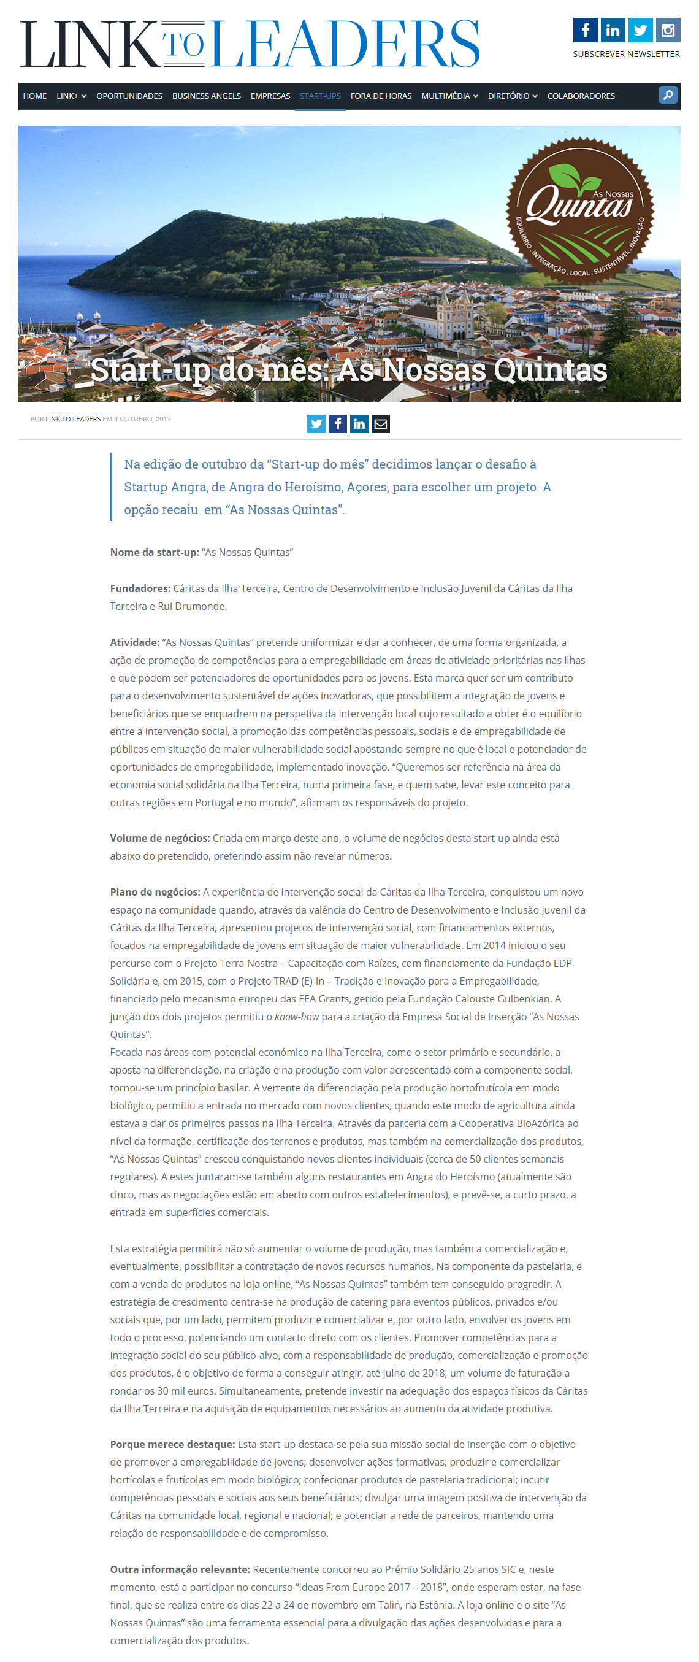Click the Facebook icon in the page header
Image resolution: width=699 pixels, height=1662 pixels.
tap(585, 30)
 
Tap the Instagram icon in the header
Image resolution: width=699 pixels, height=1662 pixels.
tap(668, 30)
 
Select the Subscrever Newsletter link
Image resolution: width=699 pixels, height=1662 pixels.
tap(625, 54)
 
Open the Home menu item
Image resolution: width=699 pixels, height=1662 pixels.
tap(35, 96)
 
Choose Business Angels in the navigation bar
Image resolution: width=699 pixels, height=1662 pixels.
tap(207, 96)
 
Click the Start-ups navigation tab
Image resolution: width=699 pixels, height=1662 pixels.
tap(320, 96)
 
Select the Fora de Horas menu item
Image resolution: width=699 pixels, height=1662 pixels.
tap(380, 96)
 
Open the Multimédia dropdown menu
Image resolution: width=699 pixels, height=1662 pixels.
tap(449, 96)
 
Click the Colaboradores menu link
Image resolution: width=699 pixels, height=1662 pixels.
tap(580, 96)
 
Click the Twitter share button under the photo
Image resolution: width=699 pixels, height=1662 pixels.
tap(316, 424)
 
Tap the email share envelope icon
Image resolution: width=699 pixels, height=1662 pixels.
tap(380, 424)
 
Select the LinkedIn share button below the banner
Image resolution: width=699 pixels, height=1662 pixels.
tap(359, 424)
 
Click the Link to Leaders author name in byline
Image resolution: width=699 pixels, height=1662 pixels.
tap(73, 420)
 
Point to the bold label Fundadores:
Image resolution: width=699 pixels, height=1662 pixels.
tap(140, 588)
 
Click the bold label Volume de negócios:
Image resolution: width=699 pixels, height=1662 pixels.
tap(160, 838)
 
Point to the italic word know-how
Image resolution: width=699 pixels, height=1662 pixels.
tap(297, 1017)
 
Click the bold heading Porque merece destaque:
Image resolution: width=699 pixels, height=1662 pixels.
tap(172, 1444)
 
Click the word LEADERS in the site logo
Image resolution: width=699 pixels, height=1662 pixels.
tap(346, 44)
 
